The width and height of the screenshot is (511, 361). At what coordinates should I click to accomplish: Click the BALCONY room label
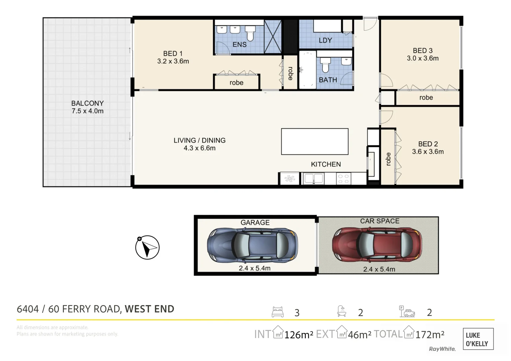(x=87, y=103)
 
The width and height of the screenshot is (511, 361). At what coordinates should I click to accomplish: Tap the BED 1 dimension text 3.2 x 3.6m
(x=173, y=62)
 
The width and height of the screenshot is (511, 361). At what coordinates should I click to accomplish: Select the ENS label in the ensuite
(x=239, y=44)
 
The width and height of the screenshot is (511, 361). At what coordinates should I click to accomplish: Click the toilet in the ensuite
(x=250, y=33)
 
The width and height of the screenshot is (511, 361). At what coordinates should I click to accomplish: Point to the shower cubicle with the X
(x=272, y=37)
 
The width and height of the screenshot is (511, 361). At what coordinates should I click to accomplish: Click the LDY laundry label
(x=325, y=40)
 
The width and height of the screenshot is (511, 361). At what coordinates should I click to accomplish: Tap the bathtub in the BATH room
(x=307, y=70)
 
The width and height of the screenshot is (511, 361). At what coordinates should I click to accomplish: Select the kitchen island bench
(x=315, y=142)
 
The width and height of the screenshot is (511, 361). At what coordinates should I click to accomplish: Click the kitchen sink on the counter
(x=313, y=178)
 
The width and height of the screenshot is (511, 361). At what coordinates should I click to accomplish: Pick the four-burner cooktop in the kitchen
(x=343, y=178)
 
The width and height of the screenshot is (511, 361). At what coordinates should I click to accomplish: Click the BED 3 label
(x=422, y=50)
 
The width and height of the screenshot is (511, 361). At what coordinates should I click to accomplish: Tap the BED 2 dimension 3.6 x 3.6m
(x=428, y=152)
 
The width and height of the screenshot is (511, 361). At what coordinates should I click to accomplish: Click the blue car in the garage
(x=252, y=245)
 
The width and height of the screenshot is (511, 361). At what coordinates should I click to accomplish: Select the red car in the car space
(x=377, y=244)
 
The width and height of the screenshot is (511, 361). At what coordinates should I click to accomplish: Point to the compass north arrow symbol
(x=147, y=247)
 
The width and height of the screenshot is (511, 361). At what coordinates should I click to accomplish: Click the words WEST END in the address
(x=149, y=309)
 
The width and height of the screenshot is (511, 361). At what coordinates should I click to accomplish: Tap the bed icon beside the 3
(x=277, y=312)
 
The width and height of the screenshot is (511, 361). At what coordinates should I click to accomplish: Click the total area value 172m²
(x=430, y=334)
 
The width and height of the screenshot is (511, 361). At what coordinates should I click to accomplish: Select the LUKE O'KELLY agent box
(x=478, y=339)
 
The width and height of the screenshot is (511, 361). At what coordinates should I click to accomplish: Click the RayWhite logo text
(x=442, y=349)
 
